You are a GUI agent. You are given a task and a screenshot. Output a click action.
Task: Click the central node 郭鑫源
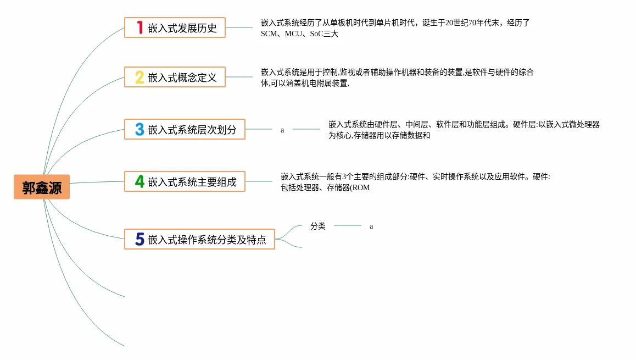(x=42, y=187)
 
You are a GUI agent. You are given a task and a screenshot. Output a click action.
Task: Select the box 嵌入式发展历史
(x=175, y=27)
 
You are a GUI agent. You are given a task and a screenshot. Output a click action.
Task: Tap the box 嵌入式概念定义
(x=175, y=77)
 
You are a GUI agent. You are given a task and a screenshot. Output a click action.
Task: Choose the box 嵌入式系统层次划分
(x=185, y=129)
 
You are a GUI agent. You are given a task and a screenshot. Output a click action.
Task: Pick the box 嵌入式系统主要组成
(x=185, y=181)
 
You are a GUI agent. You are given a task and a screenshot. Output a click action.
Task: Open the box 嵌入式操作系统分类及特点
(x=199, y=239)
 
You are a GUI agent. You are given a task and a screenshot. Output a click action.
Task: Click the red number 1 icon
(x=140, y=27)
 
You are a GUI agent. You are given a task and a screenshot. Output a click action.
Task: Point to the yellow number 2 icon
(x=140, y=77)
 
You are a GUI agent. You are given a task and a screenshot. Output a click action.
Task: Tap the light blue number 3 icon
(x=140, y=129)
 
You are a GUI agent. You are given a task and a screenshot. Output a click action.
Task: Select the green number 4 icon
(x=140, y=181)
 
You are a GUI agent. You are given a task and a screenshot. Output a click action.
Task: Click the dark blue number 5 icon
(x=140, y=239)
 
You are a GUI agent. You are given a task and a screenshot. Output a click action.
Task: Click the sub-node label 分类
(x=318, y=226)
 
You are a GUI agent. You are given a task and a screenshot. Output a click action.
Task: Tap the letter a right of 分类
(x=371, y=226)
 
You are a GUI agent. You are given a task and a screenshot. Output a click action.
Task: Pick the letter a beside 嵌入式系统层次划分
(x=282, y=130)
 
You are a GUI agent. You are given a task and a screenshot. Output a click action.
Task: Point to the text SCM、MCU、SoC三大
(x=299, y=34)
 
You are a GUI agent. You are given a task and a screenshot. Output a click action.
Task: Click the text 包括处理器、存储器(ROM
(x=325, y=188)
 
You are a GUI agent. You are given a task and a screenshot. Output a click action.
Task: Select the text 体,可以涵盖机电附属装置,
(x=305, y=84)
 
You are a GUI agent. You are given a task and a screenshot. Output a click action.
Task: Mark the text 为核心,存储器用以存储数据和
(x=379, y=136)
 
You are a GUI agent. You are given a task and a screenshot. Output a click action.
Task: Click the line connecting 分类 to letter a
(x=348, y=225)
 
